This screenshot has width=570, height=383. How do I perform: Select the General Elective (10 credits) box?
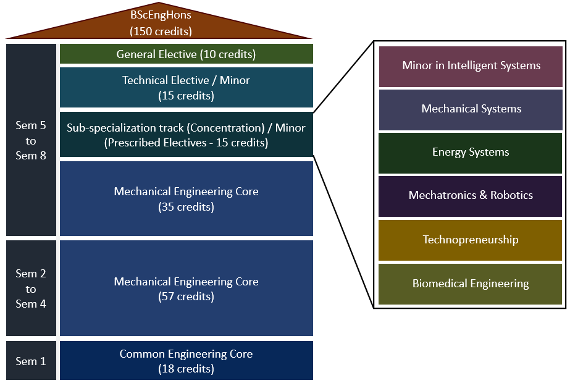[186, 54]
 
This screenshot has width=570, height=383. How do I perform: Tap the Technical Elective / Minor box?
[186, 88]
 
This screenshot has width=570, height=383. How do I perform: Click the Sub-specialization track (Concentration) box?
[186, 135]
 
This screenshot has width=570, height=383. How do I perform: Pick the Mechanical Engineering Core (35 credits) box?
[186, 199]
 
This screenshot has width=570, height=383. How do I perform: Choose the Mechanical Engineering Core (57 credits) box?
[186, 288]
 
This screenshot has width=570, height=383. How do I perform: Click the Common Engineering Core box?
[186, 361]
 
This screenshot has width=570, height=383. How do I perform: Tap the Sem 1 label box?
[31, 361]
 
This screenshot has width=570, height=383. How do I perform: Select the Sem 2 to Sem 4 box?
[31, 288]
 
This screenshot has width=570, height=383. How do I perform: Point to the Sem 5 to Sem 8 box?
[31, 140]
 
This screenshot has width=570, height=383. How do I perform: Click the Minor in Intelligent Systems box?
[471, 66]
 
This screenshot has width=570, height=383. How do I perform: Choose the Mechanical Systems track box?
[471, 109]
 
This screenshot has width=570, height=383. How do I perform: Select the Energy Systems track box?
[471, 153]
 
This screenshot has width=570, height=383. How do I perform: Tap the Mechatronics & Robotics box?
[471, 196]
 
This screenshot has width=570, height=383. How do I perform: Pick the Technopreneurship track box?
[471, 240]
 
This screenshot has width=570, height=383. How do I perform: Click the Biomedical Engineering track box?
[471, 284]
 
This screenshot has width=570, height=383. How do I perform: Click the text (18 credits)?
[186, 369]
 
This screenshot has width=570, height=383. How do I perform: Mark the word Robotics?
[511, 196]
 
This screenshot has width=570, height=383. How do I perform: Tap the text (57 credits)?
[186, 297]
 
